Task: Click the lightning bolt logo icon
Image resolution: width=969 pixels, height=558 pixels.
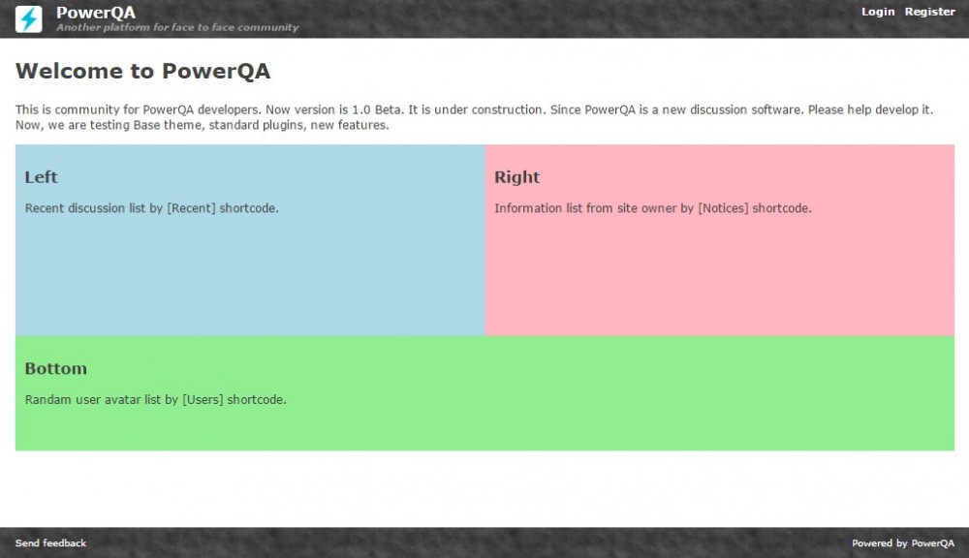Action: point(28,19)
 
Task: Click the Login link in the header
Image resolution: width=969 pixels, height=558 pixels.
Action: point(878,12)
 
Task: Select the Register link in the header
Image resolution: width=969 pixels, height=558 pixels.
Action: point(929,12)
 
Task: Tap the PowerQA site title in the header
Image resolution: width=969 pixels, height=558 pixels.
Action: point(96,13)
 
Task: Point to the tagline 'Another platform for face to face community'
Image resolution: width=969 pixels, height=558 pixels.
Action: point(177,27)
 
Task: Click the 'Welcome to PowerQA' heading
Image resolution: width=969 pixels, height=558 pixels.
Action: point(142,71)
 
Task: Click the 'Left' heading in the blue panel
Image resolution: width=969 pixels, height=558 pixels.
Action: point(41,177)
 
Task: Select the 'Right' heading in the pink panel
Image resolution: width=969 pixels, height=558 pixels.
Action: point(516,177)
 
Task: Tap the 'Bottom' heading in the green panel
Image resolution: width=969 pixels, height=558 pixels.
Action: point(55,369)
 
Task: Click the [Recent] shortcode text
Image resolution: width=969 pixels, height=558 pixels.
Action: point(191,208)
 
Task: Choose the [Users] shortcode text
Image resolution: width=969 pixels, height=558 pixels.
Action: point(203,400)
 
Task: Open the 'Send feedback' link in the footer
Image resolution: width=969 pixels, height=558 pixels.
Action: point(50,543)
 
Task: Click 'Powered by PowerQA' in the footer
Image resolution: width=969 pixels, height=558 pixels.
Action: point(903,543)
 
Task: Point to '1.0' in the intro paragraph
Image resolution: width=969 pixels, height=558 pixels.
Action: point(360,110)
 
